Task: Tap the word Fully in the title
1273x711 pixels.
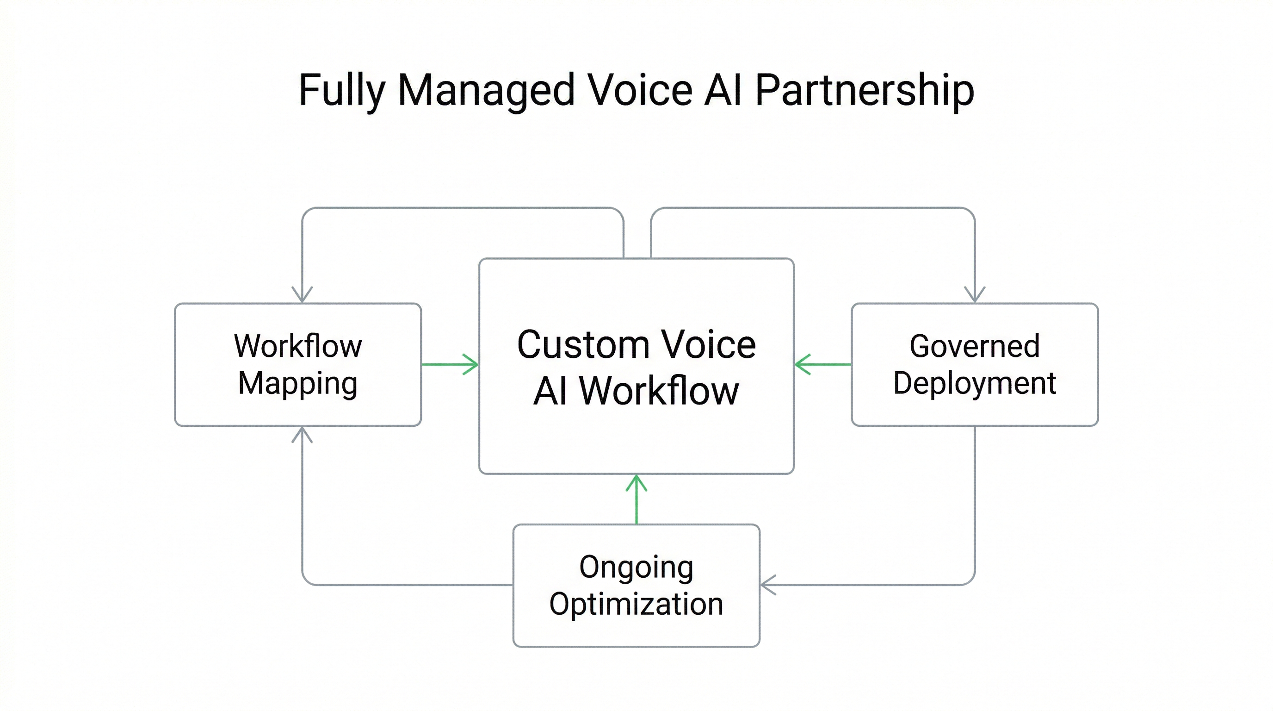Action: [341, 92]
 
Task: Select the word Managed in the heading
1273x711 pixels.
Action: [486, 92]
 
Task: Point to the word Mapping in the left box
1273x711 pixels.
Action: [297, 384]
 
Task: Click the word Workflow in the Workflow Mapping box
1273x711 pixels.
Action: [297, 346]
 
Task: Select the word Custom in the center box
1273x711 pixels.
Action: [583, 345]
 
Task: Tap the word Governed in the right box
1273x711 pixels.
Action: [975, 346]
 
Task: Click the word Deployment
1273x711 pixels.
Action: [975, 384]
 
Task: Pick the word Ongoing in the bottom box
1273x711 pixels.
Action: [636, 567]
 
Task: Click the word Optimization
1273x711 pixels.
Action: [636, 604]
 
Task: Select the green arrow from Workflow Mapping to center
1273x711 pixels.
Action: [450, 364]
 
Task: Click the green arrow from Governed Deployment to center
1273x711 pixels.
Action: [822, 364]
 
